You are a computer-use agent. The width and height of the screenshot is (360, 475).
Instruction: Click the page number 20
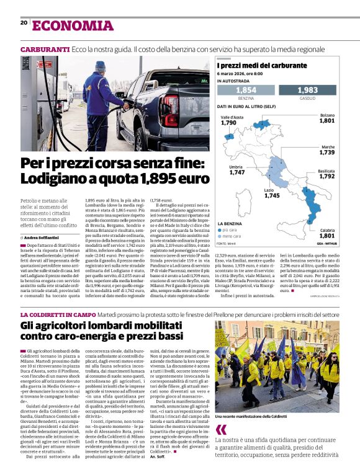[x=24, y=23]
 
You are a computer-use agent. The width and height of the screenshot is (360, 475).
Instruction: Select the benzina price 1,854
[x=246, y=91]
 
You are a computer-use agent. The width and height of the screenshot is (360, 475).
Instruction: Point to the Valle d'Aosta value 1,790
[x=228, y=123]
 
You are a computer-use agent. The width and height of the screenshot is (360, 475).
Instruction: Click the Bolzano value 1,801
[x=326, y=120]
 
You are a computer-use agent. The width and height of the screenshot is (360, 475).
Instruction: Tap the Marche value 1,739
[x=327, y=152]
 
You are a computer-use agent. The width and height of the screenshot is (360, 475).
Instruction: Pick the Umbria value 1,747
[x=236, y=173]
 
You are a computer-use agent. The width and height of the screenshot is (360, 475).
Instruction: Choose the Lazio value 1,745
[x=272, y=195]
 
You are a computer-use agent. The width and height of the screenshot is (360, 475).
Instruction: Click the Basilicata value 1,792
[x=327, y=176]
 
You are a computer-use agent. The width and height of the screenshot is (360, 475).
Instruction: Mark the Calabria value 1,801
[x=326, y=236]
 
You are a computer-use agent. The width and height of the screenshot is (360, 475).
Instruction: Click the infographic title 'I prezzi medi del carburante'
[x=261, y=65]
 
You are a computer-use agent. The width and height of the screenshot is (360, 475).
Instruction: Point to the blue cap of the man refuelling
[x=101, y=65]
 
